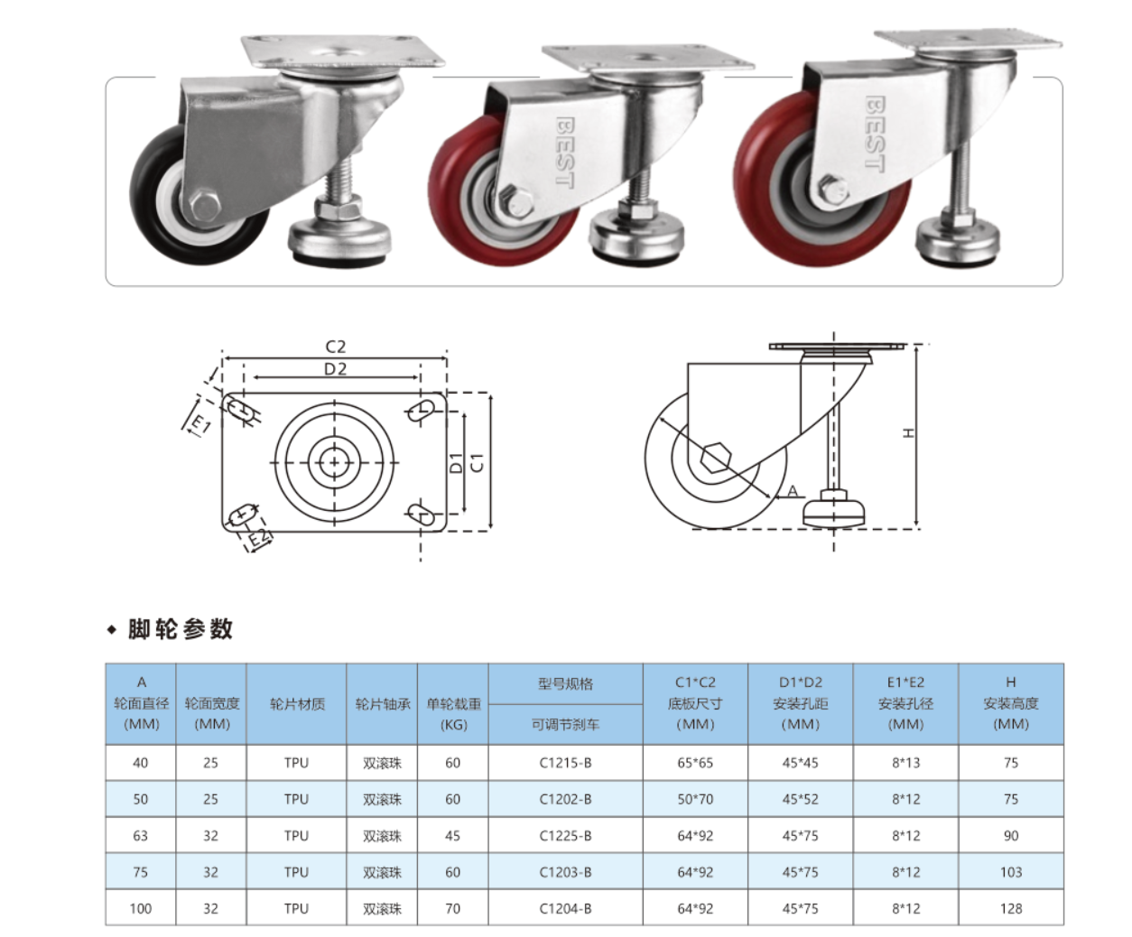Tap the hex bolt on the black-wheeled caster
[206, 206]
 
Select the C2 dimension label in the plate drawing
[335, 347]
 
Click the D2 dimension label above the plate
[335, 368]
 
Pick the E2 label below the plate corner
[259, 539]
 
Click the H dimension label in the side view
[909, 433]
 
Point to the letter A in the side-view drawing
[793, 491]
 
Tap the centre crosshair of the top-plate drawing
[335, 462]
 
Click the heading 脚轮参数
[180, 629]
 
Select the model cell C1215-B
[565, 763]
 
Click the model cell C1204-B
[565, 908]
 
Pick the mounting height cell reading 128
[1010, 908]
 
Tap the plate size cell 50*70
[695, 799]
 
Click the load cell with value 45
[452, 836]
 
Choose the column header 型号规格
[565, 683]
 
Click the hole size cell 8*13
[905, 763]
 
